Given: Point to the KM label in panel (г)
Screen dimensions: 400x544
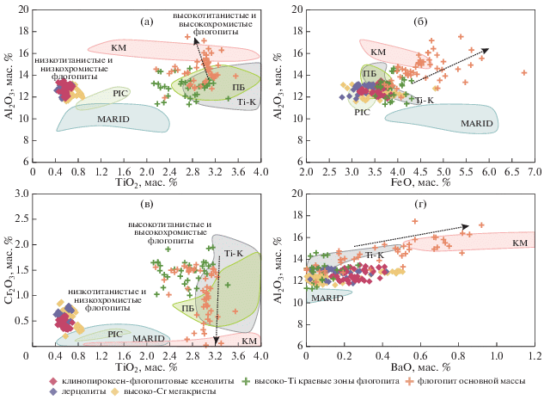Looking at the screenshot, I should (x=519, y=243).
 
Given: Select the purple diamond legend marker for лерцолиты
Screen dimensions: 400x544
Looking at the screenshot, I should (x=54, y=391).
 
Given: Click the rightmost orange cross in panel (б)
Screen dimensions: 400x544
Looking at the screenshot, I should (x=523, y=72).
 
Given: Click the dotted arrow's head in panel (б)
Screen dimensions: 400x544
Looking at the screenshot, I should (x=487, y=49).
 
